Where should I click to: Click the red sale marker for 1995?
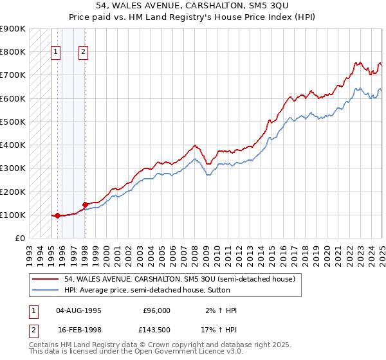57,216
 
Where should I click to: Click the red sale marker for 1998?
85,205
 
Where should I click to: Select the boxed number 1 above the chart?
55,53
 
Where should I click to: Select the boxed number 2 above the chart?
84,53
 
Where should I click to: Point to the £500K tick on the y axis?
13,122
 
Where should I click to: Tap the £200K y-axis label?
13,192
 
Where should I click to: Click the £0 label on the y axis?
19,239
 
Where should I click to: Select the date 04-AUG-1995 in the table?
79,310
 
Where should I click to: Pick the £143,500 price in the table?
157,328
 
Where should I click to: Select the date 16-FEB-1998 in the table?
79,328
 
